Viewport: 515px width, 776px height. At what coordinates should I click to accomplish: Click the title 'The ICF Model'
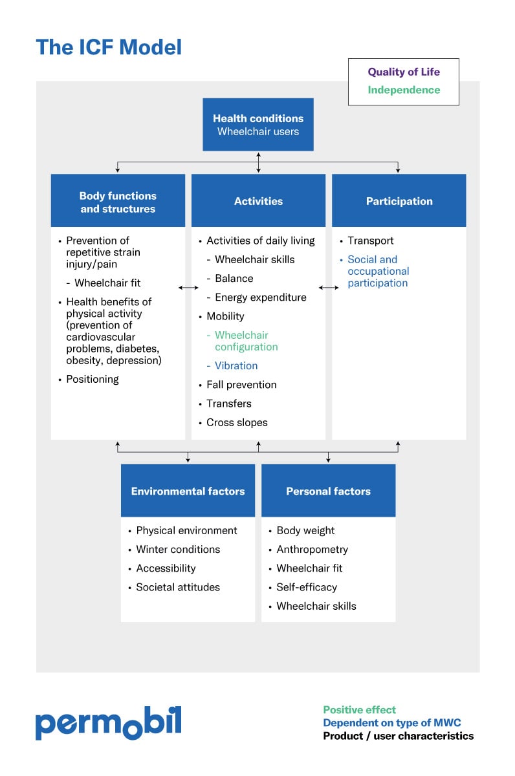pos(109,47)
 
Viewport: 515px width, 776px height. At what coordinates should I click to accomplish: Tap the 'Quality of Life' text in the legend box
pos(404,72)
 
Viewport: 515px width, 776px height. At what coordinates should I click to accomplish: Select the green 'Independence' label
pos(404,90)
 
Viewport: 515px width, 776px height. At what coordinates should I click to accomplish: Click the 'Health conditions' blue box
pos(258,125)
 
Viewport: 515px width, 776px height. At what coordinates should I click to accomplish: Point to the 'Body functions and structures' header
pos(118,202)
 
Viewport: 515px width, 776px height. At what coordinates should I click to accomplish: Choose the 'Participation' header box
pos(399,201)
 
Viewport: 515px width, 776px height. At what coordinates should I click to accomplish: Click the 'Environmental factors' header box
pos(188,491)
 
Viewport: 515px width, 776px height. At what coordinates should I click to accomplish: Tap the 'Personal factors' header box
pos(328,491)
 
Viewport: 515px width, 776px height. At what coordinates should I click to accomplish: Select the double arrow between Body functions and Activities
pos(188,287)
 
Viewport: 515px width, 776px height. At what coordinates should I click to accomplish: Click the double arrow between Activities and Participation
pos(329,287)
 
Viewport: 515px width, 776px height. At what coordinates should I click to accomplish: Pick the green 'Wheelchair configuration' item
pos(246,341)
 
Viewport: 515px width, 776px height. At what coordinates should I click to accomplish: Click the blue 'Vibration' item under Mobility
pos(236,365)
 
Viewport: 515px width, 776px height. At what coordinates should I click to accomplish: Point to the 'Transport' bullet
pos(370,241)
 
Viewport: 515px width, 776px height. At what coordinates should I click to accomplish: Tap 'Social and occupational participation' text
pos(378,271)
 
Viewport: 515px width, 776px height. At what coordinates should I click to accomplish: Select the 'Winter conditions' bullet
pos(178,549)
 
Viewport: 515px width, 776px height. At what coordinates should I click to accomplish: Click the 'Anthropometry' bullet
pos(312,549)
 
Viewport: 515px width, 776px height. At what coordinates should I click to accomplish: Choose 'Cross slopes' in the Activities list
pos(237,422)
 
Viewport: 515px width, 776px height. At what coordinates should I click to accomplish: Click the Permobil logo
pos(108,722)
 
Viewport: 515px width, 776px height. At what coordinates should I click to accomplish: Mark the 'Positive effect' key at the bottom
pos(359,709)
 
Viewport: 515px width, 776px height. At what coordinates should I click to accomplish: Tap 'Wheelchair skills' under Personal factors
pos(316,606)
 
